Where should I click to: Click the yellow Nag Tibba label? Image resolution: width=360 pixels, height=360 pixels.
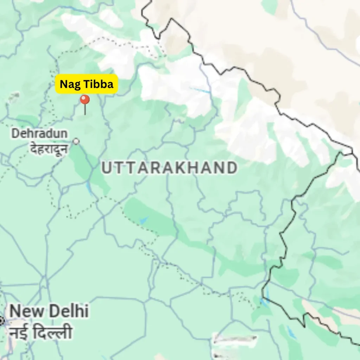[x=86, y=84]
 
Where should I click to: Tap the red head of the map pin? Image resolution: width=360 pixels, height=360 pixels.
[x=85, y=100]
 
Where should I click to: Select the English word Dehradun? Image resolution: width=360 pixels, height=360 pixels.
[x=39, y=134]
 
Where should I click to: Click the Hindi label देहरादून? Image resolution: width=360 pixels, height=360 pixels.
[x=48, y=149]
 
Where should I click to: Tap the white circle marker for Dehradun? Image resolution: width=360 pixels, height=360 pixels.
[x=76, y=141]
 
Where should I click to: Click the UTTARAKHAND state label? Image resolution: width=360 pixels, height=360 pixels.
[x=169, y=168]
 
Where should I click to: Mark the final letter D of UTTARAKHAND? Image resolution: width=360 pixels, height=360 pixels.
[x=231, y=168]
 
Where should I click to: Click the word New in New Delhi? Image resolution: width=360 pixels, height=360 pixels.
[x=26, y=311]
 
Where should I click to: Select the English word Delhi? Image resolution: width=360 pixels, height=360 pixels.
[x=69, y=311]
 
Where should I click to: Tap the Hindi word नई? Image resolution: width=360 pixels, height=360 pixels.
[x=19, y=332]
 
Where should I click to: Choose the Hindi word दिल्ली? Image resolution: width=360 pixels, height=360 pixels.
[x=53, y=332]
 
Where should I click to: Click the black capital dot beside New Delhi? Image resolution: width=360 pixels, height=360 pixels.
[x=1, y=320]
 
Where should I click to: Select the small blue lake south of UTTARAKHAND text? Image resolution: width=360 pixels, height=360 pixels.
[x=143, y=220]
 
